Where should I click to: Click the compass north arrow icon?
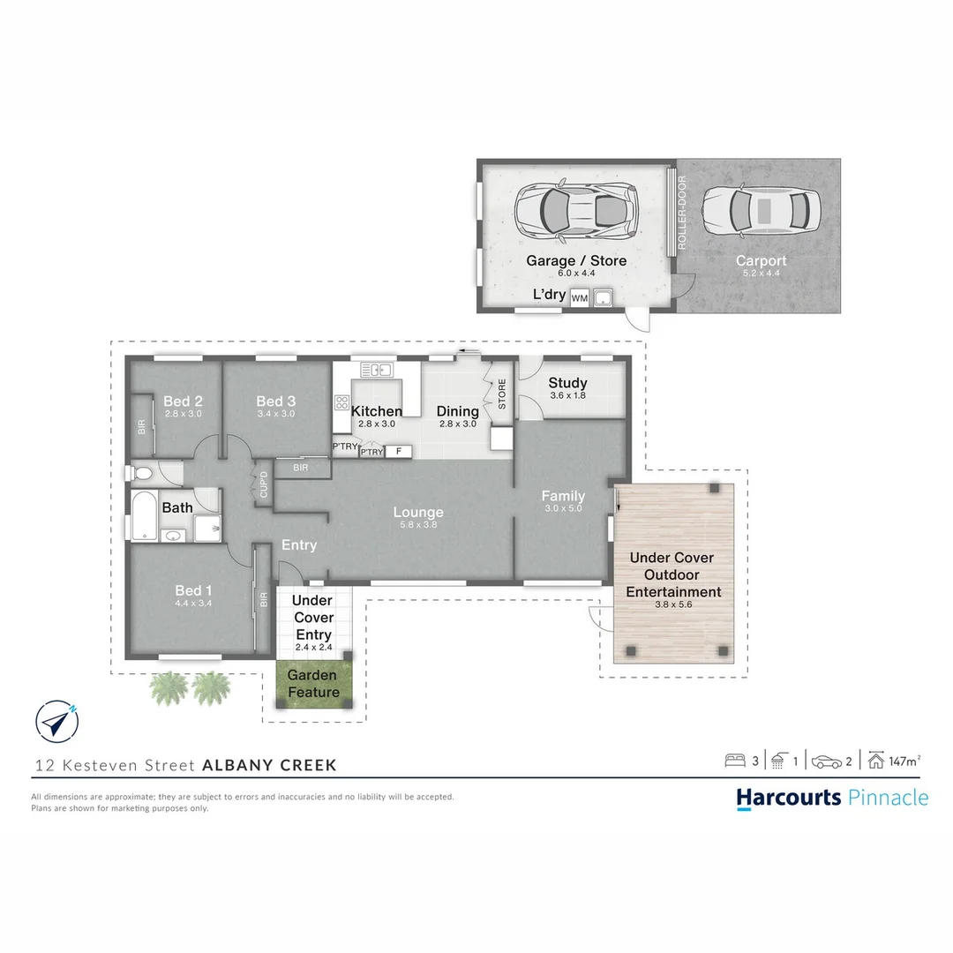pyautogui.click(x=57, y=721)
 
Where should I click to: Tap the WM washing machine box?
pyautogui.click(x=579, y=298)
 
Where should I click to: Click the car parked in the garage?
pyautogui.click(x=575, y=210)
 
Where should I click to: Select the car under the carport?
pyautogui.click(x=761, y=210)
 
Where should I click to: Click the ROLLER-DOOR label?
pyautogui.click(x=681, y=212)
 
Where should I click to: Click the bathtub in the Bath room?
pyautogui.click(x=145, y=515)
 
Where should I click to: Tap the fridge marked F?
pyautogui.click(x=399, y=451)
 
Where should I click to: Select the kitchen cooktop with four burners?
pyautogui.click(x=341, y=402)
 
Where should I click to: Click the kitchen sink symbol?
pyautogui.click(x=377, y=369)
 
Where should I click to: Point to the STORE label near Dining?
pyautogui.click(x=502, y=394)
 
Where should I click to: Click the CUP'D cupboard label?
pyautogui.click(x=263, y=485)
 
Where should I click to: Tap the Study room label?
pyautogui.click(x=567, y=382)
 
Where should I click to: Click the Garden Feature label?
pyautogui.click(x=313, y=683)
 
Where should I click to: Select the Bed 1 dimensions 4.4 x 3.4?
pyautogui.click(x=193, y=603)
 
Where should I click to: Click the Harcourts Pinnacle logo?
pyautogui.click(x=832, y=798)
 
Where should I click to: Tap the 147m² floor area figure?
pyautogui.click(x=904, y=761)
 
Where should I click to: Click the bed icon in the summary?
pyautogui.click(x=735, y=761)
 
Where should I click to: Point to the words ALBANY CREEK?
pyautogui.click(x=269, y=764)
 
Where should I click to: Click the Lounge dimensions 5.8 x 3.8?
pyautogui.click(x=418, y=524)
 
